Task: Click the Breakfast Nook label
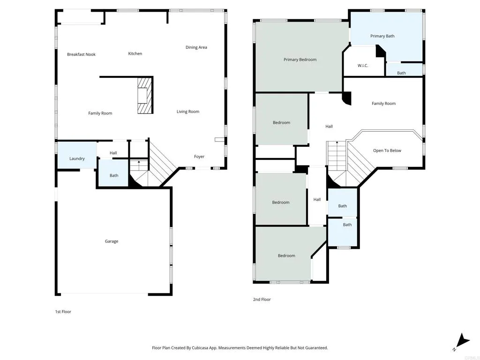pos(81,54)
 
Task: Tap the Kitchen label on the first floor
pos(135,53)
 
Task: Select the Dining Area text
pos(196,47)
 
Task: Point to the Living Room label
pos(187,112)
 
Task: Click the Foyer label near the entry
pos(199,157)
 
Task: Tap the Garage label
pos(112,241)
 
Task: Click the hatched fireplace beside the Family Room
pos(145,96)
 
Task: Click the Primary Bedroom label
pos(300,60)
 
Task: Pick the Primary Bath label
pos(382,36)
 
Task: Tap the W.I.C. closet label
pos(363,66)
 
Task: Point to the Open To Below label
pos(387,150)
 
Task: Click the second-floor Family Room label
pos(383,104)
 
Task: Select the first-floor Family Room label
pos(100,113)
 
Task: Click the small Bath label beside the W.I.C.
pos(401,73)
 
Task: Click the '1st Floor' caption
pos(63,312)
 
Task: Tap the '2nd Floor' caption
pos(262,300)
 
